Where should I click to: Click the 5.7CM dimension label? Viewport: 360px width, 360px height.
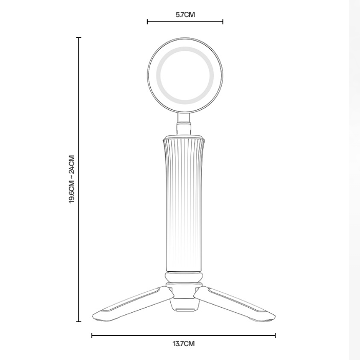(185, 14)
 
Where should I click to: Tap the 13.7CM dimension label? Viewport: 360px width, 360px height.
(184, 344)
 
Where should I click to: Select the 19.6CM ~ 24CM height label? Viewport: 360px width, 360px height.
(72, 179)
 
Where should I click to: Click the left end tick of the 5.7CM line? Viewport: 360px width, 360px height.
(147, 22)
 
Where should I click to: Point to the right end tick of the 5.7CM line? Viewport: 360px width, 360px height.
(223, 22)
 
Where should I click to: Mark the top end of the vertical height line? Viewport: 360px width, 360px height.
(79, 37)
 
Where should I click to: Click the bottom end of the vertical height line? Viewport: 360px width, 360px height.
(79, 321)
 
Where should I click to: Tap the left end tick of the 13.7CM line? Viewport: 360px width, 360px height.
(92, 335)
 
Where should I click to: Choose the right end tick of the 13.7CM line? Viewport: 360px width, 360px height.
(275, 335)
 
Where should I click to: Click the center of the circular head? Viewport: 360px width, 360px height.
(185, 75)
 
